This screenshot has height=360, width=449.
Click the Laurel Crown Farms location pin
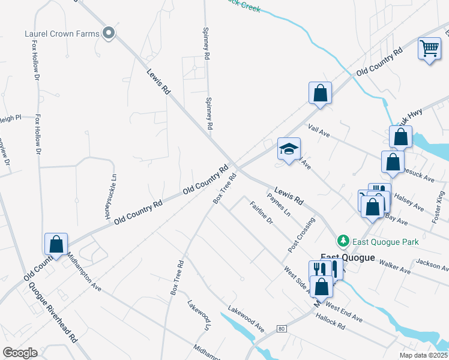[109, 34]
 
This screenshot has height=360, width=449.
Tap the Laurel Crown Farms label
[62, 34]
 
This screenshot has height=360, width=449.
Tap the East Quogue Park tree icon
[343, 241]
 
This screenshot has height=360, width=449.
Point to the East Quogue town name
[347, 257]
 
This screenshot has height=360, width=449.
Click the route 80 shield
[281, 328]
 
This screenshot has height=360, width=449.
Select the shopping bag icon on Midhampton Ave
[56, 244]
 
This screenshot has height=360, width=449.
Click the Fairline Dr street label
[261, 213]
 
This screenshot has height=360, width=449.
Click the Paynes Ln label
[279, 204]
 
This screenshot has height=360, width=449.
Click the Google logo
[20, 353]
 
